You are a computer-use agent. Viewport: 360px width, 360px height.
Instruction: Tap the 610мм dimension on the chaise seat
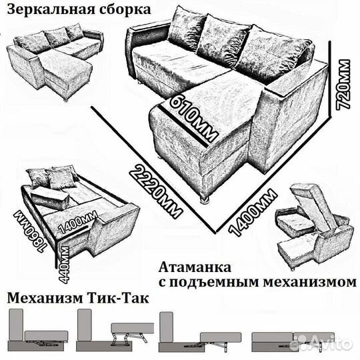[x=193, y=117]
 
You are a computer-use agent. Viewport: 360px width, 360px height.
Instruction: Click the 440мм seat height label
[x=65, y=261]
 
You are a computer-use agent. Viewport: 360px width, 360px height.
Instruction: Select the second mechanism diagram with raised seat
[x=113, y=330]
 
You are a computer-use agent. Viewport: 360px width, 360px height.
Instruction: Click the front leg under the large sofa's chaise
[x=205, y=197]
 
